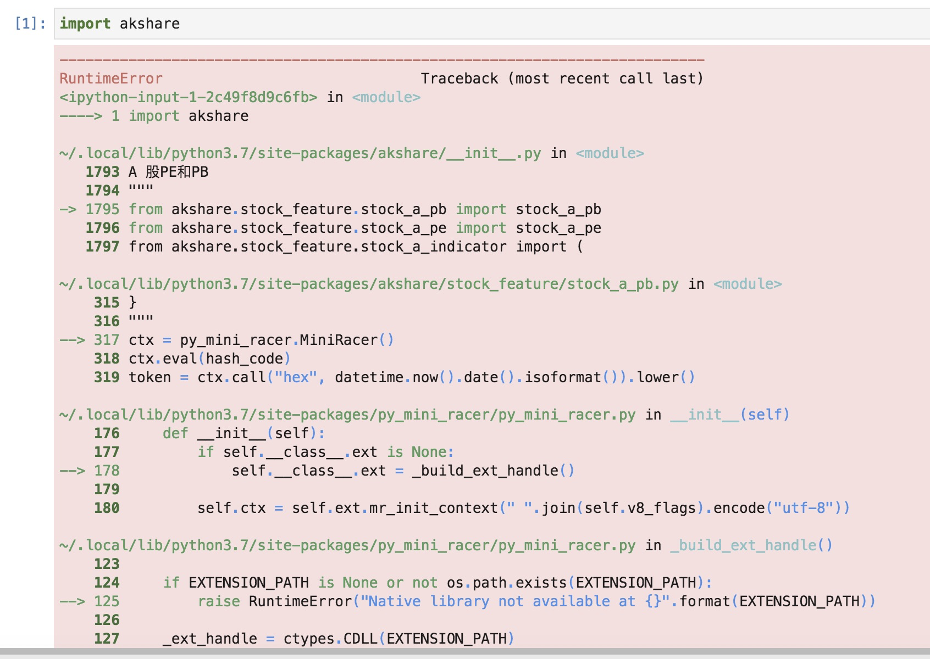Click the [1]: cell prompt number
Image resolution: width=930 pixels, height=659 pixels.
coord(30,24)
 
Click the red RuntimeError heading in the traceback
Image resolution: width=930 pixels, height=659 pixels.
coord(110,79)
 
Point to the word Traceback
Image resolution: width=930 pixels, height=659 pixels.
coord(460,79)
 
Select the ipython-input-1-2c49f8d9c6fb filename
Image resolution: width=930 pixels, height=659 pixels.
coord(188,97)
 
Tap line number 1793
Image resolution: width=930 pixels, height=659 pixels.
coord(102,172)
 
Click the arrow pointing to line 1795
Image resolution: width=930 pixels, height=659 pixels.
coord(68,209)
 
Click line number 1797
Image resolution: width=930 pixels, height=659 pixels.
coord(102,247)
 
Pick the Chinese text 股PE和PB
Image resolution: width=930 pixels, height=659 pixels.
coord(176,172)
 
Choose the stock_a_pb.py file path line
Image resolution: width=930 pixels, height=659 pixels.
coord(369,284)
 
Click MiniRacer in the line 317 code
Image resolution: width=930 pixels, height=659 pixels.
coord(339,340)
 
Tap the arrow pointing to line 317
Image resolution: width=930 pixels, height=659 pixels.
coord(72,340)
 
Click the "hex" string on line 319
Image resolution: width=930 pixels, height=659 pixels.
coord(296,377)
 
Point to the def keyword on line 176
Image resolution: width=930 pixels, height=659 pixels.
coord(175,433)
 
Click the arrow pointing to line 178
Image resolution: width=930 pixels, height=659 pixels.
coord(72,471)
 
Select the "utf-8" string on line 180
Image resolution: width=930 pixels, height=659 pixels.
coord(803,508)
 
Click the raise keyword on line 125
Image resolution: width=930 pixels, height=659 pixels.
coord(219,601)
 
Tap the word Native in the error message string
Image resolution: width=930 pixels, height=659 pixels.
coord(394,601)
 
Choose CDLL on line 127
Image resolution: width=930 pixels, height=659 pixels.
coord(360,639)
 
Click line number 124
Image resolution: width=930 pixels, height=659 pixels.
coord(107,583)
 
